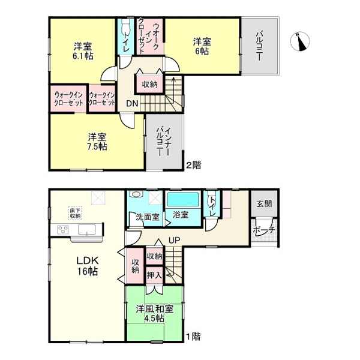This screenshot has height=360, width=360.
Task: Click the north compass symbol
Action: point(300,41)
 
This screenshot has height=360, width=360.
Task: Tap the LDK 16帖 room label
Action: point(88,266)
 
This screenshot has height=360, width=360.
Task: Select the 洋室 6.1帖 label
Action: point(83,51)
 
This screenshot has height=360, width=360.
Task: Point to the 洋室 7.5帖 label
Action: point(97,142)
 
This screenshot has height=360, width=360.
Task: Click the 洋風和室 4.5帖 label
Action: point(155,314)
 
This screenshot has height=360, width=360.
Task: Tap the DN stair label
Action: point(132,104)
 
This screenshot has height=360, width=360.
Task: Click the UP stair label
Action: point(174,240)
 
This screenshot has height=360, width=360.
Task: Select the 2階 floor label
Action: point(193,165)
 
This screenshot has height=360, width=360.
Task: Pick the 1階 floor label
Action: point(193,337)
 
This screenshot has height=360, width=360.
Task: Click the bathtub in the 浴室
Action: point(183,200)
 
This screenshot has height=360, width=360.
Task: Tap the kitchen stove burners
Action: point(63,230)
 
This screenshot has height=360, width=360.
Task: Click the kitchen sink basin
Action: point(87,230)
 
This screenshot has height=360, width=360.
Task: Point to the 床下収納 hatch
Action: point(75,213)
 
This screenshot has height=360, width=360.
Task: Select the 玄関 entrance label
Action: point(264,203)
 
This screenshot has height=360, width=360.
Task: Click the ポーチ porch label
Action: point(264,230)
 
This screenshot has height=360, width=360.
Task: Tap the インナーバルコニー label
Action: point(163,142)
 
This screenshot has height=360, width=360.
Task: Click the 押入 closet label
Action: point(154,275)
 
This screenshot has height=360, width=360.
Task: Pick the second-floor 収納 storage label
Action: point(149,85)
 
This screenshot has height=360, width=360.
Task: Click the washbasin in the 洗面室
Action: point(136,194)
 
